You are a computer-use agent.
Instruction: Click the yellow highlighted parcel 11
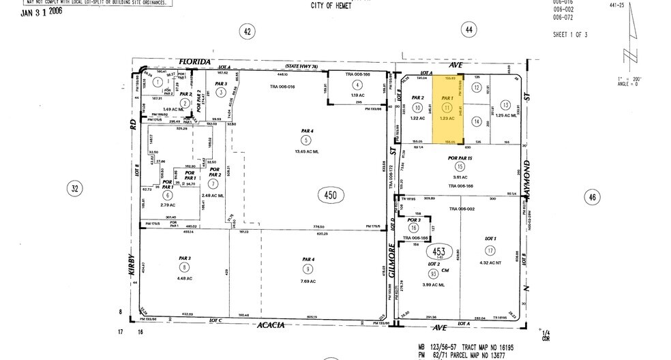coord(447,108)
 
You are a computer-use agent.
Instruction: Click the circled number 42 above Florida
coord(248,31)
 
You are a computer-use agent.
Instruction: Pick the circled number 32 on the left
coord(75,188)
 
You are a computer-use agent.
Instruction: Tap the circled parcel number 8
coord(183,269)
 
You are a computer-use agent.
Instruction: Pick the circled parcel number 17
coord(489,250)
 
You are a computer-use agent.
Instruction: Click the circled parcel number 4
coord(356,85)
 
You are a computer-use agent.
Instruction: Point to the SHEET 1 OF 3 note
coord(570,34)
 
